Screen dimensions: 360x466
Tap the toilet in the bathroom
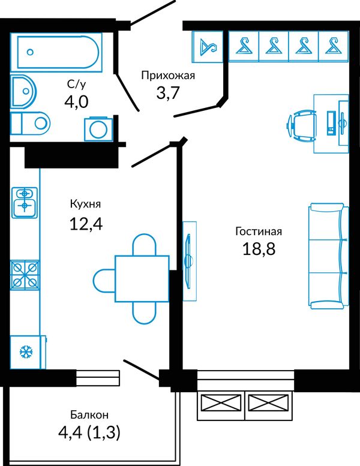coord(31,123)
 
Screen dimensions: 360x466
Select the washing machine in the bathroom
coord(98,129)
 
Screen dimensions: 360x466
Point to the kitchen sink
coord(25,202)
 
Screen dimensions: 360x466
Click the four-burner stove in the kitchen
coord(25,275)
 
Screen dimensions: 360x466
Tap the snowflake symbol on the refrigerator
coord(26,353)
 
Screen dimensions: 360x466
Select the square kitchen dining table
coord(142,278)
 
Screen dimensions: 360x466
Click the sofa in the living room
coord(328,256)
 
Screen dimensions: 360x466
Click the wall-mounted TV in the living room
coord(188,261)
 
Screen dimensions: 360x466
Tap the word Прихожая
coord(168,76)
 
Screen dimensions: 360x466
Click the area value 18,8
coord(259,249)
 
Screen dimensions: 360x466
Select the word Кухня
coord(86,204)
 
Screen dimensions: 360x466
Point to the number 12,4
coord(86,224)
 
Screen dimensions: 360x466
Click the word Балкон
coord(89,414)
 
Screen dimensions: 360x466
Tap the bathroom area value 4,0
coord(76,102)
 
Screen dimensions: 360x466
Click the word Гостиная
coord(259,232)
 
